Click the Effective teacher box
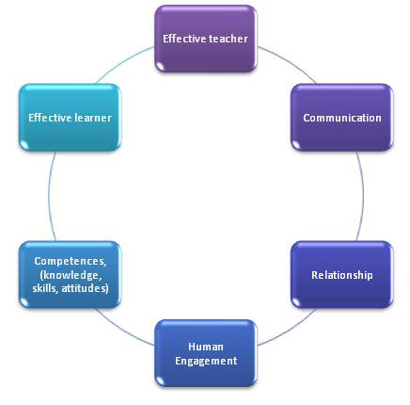[x=205, y=39]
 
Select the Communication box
[x=341, y=118]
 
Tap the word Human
[x=205, y=348]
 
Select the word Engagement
[x=205, y=360]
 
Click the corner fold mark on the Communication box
[x=295, y=145]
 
